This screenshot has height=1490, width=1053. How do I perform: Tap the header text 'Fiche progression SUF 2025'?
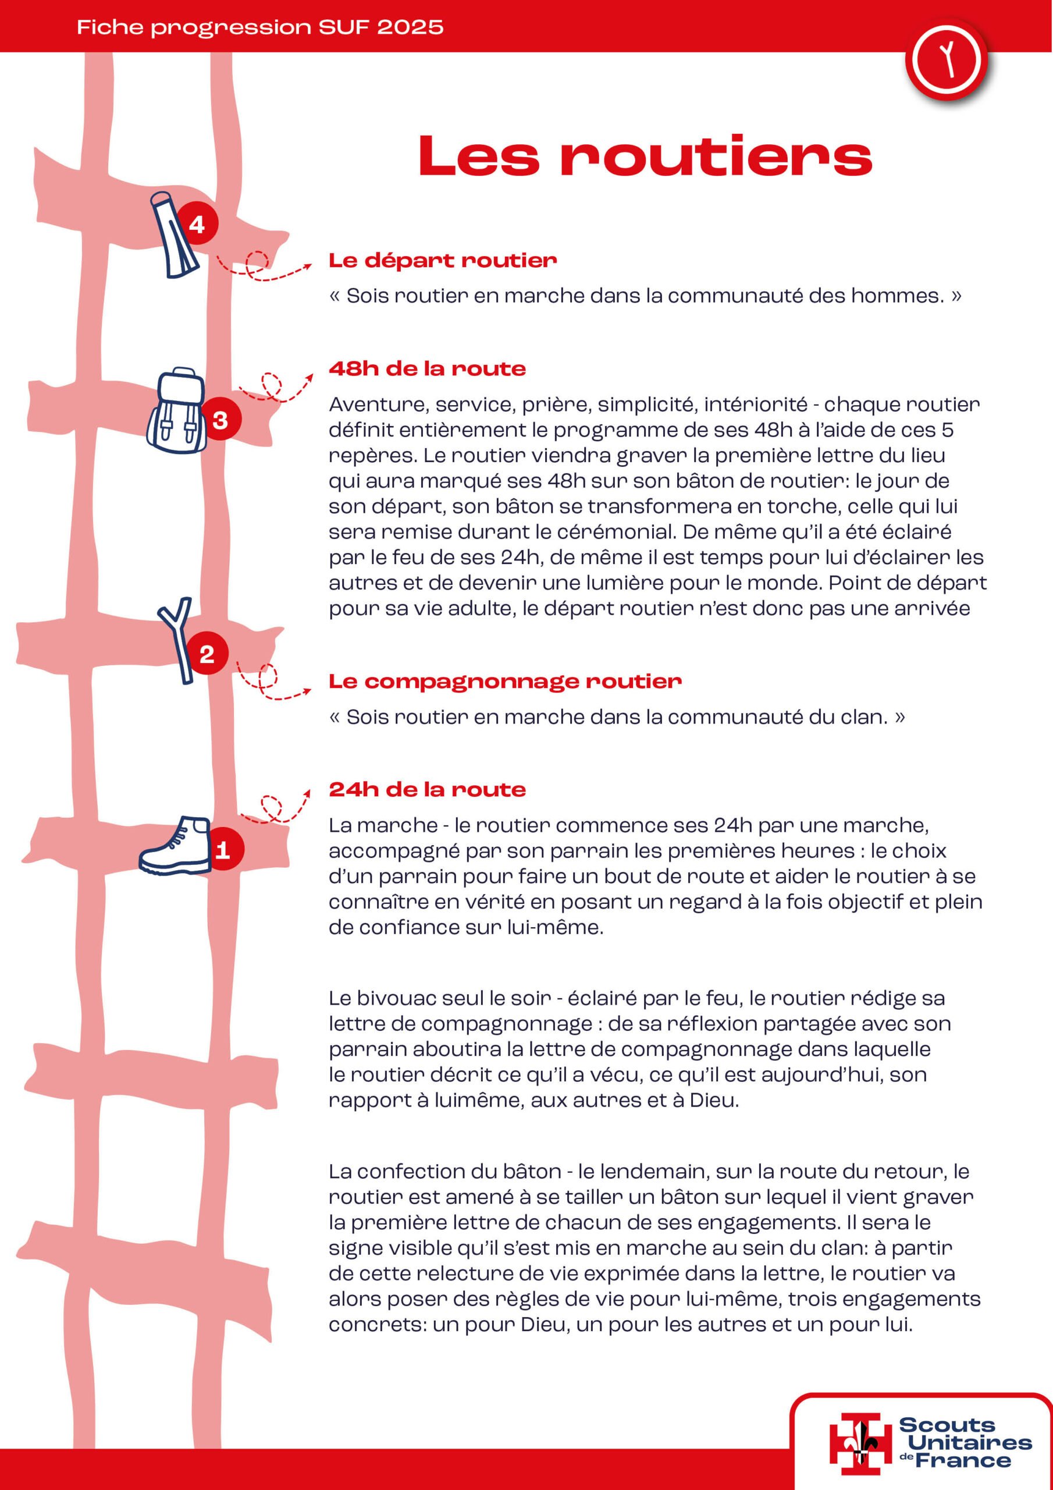coord(260,27)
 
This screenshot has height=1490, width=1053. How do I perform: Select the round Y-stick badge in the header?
coord(946,60)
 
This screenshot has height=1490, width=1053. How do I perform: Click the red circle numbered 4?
coord(197,224)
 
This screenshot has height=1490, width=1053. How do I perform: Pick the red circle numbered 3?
coord(220,419)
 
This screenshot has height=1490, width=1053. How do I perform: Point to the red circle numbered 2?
coord(207,653)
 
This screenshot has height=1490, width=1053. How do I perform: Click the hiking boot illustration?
coord(175,846)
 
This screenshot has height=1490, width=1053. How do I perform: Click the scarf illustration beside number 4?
coord(173,235)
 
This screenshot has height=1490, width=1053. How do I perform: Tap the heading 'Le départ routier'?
coord(443,260)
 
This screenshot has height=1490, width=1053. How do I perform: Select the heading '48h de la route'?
coord(427,368)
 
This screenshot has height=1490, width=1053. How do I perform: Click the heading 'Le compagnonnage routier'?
coord(505,681)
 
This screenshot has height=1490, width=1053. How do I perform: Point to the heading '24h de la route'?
coord(427,789)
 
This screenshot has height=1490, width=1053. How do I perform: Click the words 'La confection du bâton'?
coord(444,1172)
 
